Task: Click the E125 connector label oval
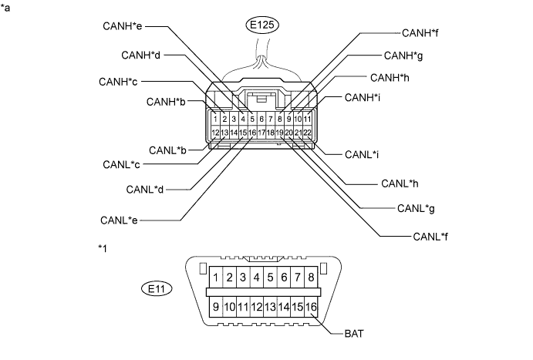[262, 25]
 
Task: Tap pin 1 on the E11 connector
[218, 276]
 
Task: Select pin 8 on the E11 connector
[311, 276]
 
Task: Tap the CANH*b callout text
[167, 101]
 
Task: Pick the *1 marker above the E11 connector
[104, 248]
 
